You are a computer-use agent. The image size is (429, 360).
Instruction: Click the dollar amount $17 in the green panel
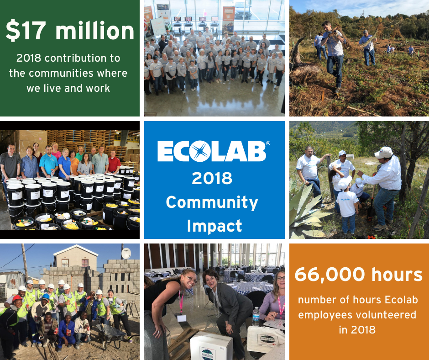(x=26, y=30)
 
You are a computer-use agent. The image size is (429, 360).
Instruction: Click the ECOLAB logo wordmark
(x=212, y=151)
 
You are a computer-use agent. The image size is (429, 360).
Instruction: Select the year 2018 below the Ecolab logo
(x=212, y=178)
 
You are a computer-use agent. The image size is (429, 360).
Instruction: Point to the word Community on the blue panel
(x=212, y=203)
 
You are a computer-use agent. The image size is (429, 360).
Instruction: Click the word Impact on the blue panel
(x=214, y=226)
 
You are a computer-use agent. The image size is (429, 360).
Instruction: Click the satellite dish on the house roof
(x=126, y=253)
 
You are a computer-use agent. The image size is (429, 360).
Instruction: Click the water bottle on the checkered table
(x=256, y=317)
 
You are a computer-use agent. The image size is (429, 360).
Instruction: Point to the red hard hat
(x=17, y=298)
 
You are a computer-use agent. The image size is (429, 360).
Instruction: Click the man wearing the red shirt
(x=114, y=162)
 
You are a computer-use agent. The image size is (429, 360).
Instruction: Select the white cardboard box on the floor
(x=211, y=346)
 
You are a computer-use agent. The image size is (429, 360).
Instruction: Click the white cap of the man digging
(x=383, y=152)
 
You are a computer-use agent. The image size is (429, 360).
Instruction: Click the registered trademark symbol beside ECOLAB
(x=268, y=143)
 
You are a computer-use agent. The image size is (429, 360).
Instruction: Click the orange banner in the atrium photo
(x=228, y=19)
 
